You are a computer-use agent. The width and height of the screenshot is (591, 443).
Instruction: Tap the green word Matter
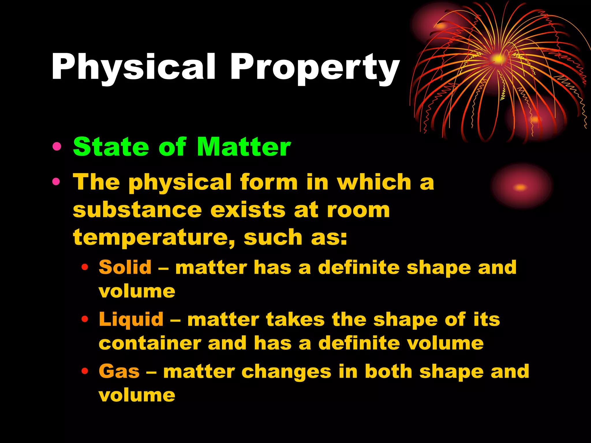(x=244, y=147)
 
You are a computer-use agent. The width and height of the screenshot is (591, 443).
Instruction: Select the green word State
(x=111, y=147)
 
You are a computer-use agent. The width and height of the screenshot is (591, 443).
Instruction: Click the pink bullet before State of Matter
(x=57, y=147)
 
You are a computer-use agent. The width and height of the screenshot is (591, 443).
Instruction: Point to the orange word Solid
(x=125, y=267)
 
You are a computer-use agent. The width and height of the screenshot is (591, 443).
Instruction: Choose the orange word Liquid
(x=131, y=320)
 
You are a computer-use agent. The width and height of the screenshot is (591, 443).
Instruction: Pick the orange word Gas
(x=119, y=371)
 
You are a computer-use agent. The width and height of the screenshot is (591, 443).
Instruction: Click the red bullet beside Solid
(x=85, y=267)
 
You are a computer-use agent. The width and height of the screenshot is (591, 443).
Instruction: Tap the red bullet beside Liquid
(x=85, y=319)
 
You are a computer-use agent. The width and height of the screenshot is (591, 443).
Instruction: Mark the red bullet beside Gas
(x=85, y=371)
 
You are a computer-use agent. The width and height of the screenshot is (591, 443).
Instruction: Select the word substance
(x=137, y=210)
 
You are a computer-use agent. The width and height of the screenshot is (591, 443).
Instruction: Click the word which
(x=374, y=182)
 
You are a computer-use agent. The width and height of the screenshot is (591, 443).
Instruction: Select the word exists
(x=248, y=210)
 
